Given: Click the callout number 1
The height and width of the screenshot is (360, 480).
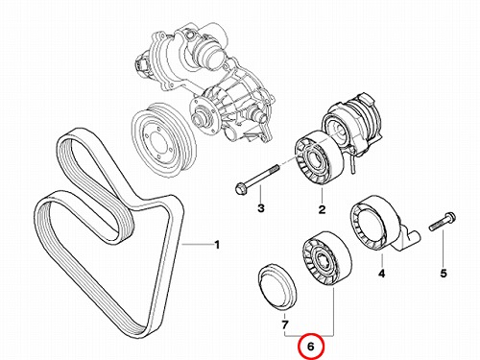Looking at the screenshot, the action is pos(217,245).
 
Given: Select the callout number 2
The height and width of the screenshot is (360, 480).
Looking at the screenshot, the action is pos(322,209).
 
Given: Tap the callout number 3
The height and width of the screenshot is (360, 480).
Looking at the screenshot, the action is pos(261,208).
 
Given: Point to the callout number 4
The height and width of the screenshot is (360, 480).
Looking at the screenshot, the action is pos(381,274).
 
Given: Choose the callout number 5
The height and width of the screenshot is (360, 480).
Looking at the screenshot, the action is pos(444,274).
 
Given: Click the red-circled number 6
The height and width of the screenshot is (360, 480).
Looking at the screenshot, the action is pos(311,346).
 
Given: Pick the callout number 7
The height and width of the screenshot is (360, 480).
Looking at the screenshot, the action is pos(284,325).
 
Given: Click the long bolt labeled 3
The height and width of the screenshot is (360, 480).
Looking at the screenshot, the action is pos(257,177).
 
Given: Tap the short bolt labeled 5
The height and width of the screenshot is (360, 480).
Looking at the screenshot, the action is pos(443,222).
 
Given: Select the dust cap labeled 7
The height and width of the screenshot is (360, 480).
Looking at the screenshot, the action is pos(277,287).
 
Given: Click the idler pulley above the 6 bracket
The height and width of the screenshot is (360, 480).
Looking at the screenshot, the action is pos(326,258).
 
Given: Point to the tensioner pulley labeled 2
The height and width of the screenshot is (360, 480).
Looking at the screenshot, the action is pos(319,157).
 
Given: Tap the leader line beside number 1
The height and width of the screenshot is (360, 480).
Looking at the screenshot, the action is pos(197,245).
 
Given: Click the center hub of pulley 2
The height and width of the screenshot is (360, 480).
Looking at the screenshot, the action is pos(314,159).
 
